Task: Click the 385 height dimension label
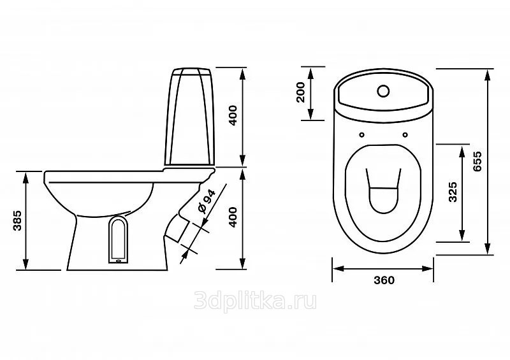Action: [x=17, y=221]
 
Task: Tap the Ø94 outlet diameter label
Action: [x=206, y=201]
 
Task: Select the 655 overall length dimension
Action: [x=477, y=162]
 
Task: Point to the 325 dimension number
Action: [x=453, y=192]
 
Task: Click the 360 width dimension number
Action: [x=384, y=280]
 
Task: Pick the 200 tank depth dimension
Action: [x=301, y=92]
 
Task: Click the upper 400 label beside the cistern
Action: [x=233, y=115]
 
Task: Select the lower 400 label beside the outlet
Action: [x=233, y=217]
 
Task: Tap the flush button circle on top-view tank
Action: [x=384, y=91]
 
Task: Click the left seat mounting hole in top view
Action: [x=362, y=134]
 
